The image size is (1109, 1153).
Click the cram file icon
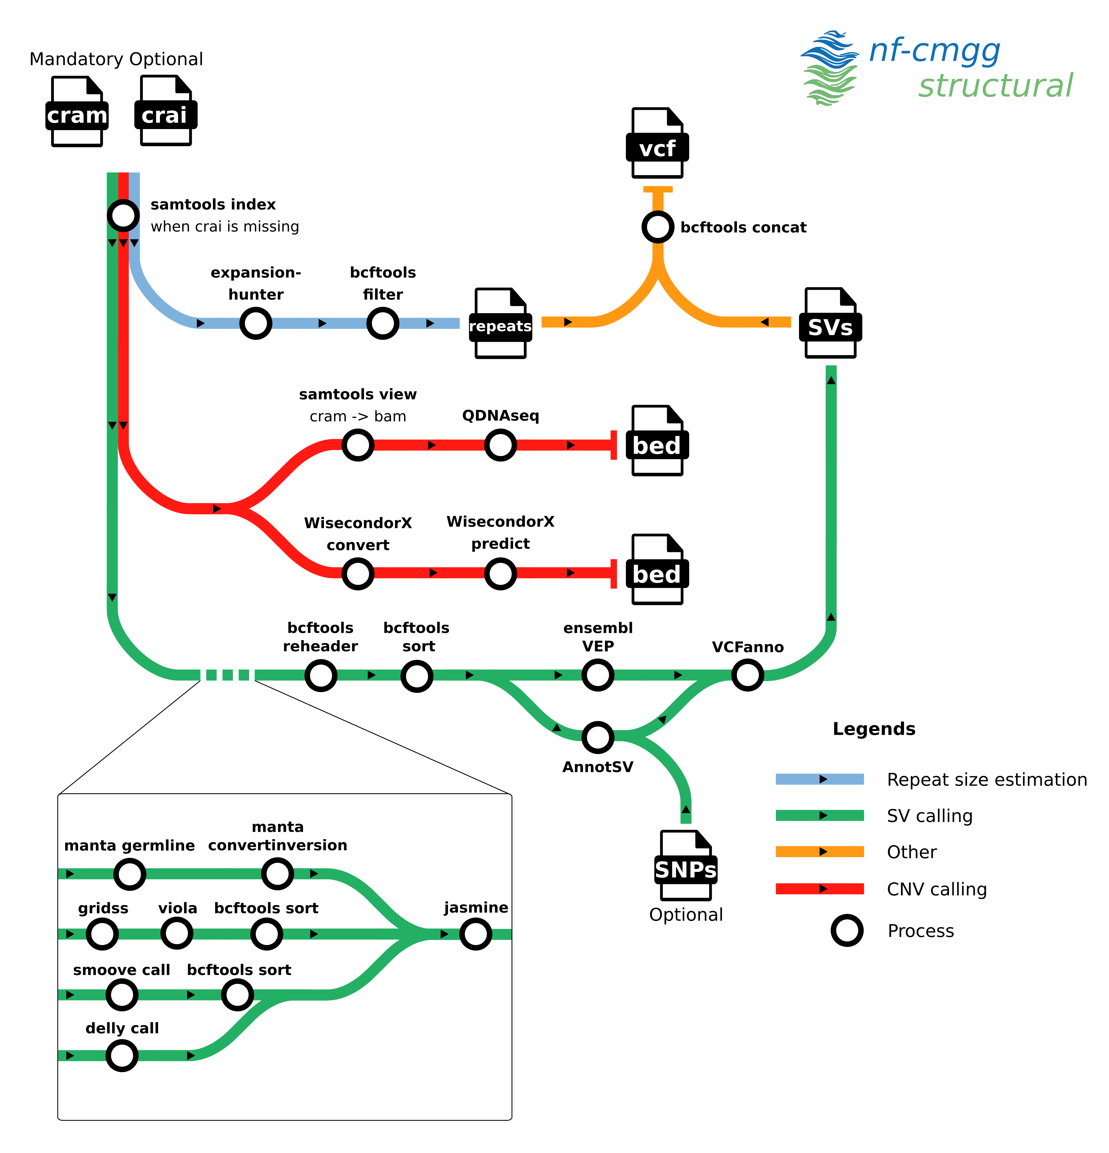76,112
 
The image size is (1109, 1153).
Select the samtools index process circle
123,215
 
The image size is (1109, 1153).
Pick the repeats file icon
500,323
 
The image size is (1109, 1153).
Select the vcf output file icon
657,144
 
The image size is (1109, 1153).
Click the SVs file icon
830,323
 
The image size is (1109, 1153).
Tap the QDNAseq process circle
500,445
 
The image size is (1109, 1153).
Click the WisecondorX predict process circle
500,574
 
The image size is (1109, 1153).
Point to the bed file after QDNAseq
657,441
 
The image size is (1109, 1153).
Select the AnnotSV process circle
598,737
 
